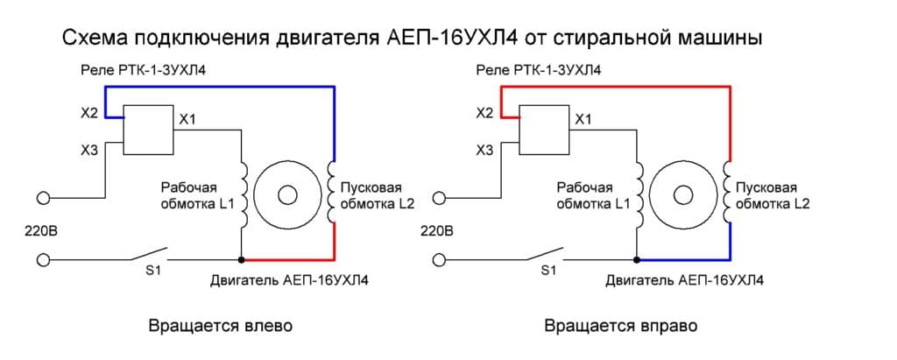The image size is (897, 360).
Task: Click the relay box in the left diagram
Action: (146, 130)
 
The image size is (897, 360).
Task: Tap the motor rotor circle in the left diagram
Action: (287, 193)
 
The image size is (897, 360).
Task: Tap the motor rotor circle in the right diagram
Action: (683, 193)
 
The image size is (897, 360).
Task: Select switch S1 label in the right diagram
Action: (549, 272)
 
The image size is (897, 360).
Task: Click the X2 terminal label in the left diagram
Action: (85, 113)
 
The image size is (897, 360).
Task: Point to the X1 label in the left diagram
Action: (187, 118)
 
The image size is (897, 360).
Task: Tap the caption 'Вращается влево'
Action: (220, 327)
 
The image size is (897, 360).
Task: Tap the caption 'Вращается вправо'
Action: (620, 327)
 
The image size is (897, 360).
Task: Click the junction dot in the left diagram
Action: (241, 260)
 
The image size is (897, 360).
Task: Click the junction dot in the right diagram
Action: (638, 260)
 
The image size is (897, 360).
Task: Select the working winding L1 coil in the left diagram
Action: (244, 192)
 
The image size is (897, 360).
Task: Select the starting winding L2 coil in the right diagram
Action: (727, 192)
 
